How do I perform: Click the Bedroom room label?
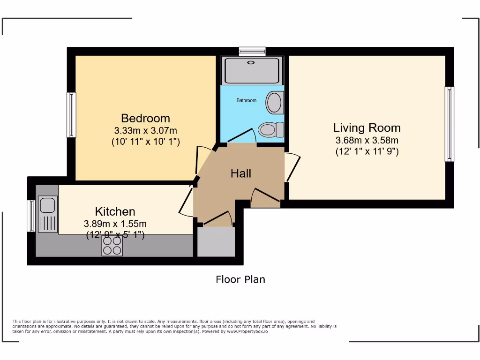click(x=145, y=118)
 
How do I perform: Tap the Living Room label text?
click(x=367, y=127)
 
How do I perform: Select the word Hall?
click(x=241, y=173)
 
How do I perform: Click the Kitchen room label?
click(x=115, y=211)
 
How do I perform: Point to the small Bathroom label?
click(x=247, y=100)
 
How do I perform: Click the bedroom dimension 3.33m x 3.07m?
click(x=145, y=131)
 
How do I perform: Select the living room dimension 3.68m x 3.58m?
click(x=367, y=140)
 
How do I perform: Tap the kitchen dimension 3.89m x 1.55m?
click(x=115, y=224)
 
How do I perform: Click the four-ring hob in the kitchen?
click(x=112, y=246)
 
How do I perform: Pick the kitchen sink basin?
click(x=47, y=205)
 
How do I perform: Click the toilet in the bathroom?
click(x=271, y=130)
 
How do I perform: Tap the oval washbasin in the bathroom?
click(x=274, y=103)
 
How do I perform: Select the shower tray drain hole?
click(x=251, y=62)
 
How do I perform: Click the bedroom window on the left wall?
click(x=71, y=115)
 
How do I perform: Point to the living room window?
click(x=449, y=124)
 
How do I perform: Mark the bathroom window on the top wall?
click(x=252, y=51)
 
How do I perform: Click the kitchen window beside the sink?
click(x=31, y=216)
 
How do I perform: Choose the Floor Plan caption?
click(x=240, y=279)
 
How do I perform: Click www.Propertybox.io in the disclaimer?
click(x=247, y=331)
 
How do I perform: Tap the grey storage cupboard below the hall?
click(x=216, y=241)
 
